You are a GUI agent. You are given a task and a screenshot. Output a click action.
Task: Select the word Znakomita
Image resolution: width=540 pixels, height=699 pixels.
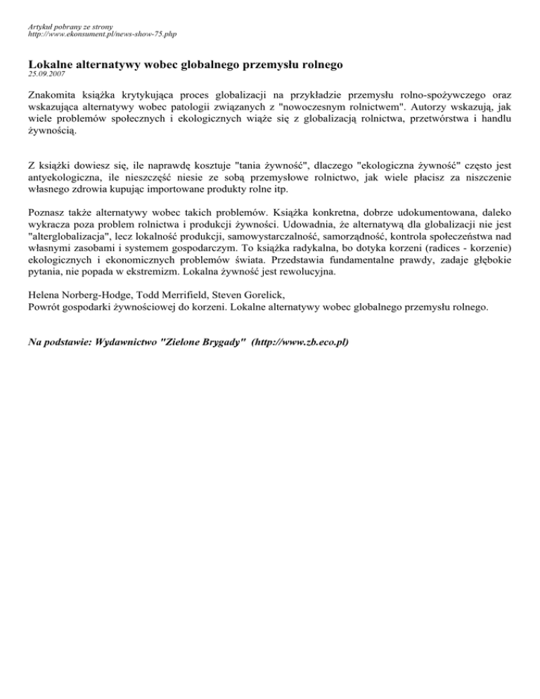point(53,94)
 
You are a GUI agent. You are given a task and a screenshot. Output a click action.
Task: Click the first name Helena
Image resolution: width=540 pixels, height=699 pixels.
point(46,295)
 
